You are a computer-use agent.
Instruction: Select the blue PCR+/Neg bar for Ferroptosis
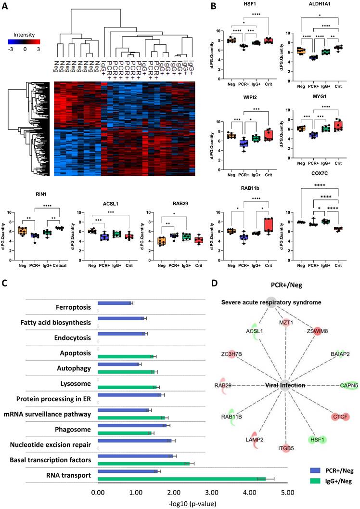[115, 303]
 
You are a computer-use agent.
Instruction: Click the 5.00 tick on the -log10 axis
[287, 490]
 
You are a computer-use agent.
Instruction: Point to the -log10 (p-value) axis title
[193, 502]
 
